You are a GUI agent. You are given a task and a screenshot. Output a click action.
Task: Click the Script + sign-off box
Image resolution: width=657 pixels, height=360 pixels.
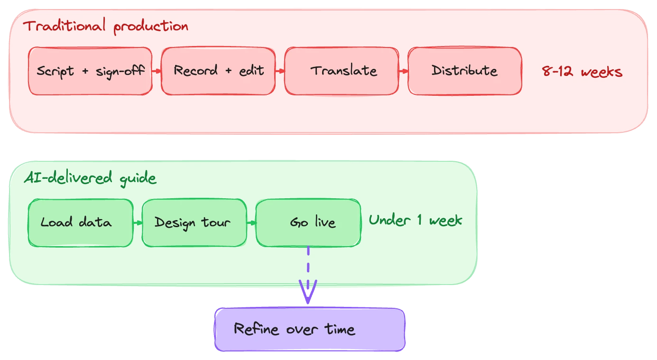(90, 71)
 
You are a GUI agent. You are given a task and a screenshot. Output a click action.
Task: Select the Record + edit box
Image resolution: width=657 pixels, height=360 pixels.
(218, 71)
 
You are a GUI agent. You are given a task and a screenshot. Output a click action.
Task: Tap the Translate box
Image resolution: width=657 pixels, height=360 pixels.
(342, 71)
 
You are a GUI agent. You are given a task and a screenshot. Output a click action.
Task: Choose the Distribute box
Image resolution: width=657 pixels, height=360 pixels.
(465, 71)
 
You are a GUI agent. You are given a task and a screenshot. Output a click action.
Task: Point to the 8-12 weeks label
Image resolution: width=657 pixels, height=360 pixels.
(582, 72)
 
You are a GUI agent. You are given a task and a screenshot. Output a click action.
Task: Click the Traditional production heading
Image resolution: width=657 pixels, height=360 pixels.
(106, 26)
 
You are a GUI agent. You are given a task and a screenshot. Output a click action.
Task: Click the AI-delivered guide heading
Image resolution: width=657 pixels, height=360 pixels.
(90, 178)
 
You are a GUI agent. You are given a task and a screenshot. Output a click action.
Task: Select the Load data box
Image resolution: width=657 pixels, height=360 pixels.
(80, 222)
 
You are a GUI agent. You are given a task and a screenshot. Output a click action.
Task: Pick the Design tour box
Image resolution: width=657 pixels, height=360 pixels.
(194, 222)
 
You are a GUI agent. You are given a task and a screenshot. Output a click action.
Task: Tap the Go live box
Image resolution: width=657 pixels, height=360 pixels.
(308, 222)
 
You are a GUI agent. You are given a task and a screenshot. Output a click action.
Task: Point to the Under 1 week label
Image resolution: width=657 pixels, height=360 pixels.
(415, 221)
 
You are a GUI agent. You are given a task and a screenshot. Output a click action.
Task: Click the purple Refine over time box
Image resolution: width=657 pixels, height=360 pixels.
(310, 330)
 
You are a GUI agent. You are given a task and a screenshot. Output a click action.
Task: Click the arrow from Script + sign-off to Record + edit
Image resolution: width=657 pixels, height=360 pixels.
(157, 71)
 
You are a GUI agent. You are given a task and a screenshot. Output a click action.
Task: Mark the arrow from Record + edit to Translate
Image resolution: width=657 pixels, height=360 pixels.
(280, 71)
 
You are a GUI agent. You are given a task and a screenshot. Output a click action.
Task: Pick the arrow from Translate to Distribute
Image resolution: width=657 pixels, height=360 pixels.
(403, 71)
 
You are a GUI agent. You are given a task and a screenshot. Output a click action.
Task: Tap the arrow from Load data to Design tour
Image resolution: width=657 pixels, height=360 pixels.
(138, 222)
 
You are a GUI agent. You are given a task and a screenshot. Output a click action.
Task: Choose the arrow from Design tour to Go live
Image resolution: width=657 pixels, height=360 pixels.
(251, 222)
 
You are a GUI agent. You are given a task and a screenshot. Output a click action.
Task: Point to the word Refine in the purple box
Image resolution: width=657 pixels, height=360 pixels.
(256, 329)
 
